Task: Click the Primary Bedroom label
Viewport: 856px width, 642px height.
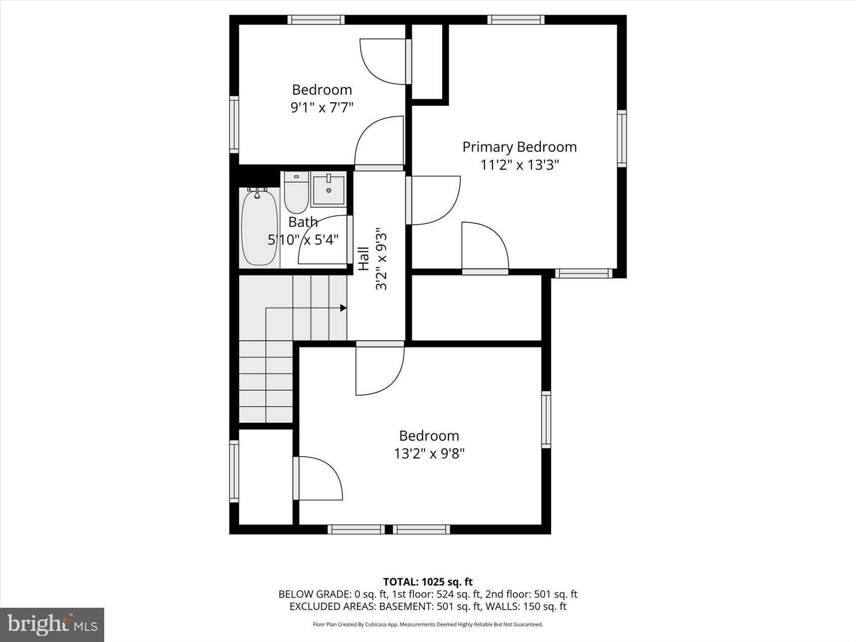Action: coord(519,147)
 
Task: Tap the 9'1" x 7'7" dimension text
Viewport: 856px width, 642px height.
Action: coord(322,107)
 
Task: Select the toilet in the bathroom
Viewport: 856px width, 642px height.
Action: coord(296,193)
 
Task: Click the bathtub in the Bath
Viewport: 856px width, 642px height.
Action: coord(259,228)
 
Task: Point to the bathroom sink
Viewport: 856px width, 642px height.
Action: coord(328,189)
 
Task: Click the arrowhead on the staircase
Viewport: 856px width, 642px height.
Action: coord(343,308)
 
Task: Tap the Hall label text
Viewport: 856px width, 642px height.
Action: coord(363,259)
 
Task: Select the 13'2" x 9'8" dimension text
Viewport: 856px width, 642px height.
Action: coord(429,454)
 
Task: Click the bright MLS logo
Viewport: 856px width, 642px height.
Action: coord(52,625)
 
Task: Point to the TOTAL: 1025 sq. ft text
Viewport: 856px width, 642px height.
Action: coord(427,582)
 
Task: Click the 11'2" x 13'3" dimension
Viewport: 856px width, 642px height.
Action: coord(519,165)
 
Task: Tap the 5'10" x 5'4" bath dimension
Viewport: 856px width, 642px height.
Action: coord(303,239)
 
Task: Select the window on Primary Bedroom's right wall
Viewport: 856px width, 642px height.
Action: coord(622,138)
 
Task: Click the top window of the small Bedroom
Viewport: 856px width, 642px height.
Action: coord(316,20)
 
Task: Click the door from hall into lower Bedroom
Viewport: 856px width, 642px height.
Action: coord(380,370)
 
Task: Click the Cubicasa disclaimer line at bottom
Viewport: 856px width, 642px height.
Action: coord(427,624)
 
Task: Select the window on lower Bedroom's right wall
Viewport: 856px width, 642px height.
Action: coord(546,419)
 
